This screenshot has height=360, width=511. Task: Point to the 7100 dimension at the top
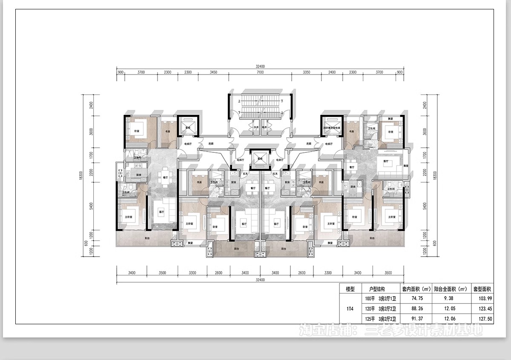pos(260,72)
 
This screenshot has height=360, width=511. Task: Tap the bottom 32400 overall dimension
pos(260,280)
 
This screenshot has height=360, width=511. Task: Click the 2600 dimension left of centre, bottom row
pos(218,272)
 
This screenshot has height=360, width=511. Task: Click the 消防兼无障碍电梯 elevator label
pos(332,128)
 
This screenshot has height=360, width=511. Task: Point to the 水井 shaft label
pos(256,127)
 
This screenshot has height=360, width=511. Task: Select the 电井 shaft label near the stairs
pos(264,127)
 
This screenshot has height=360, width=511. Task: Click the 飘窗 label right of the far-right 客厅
pos(406,166)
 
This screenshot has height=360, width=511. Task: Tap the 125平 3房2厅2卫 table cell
pos(379,318)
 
